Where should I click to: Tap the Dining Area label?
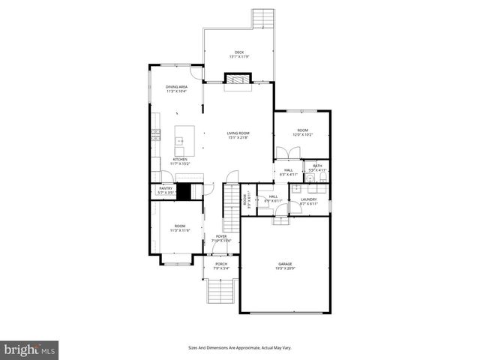point(177,87)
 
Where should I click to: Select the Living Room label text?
point(238,133)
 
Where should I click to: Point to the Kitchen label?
point(180,159)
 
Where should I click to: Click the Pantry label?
point(166,188)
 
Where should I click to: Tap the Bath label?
point(317,166)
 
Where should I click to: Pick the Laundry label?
point(309,199)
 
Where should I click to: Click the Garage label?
point(285,264)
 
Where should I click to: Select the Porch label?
point(221,264)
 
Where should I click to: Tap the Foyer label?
point(221,236)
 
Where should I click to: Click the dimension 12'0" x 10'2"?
point(301,134)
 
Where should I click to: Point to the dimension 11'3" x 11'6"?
point(180,229)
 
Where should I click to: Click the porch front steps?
point(221,290)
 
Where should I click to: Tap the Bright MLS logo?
point(30,349)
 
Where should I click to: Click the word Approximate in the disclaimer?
point(248,347)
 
